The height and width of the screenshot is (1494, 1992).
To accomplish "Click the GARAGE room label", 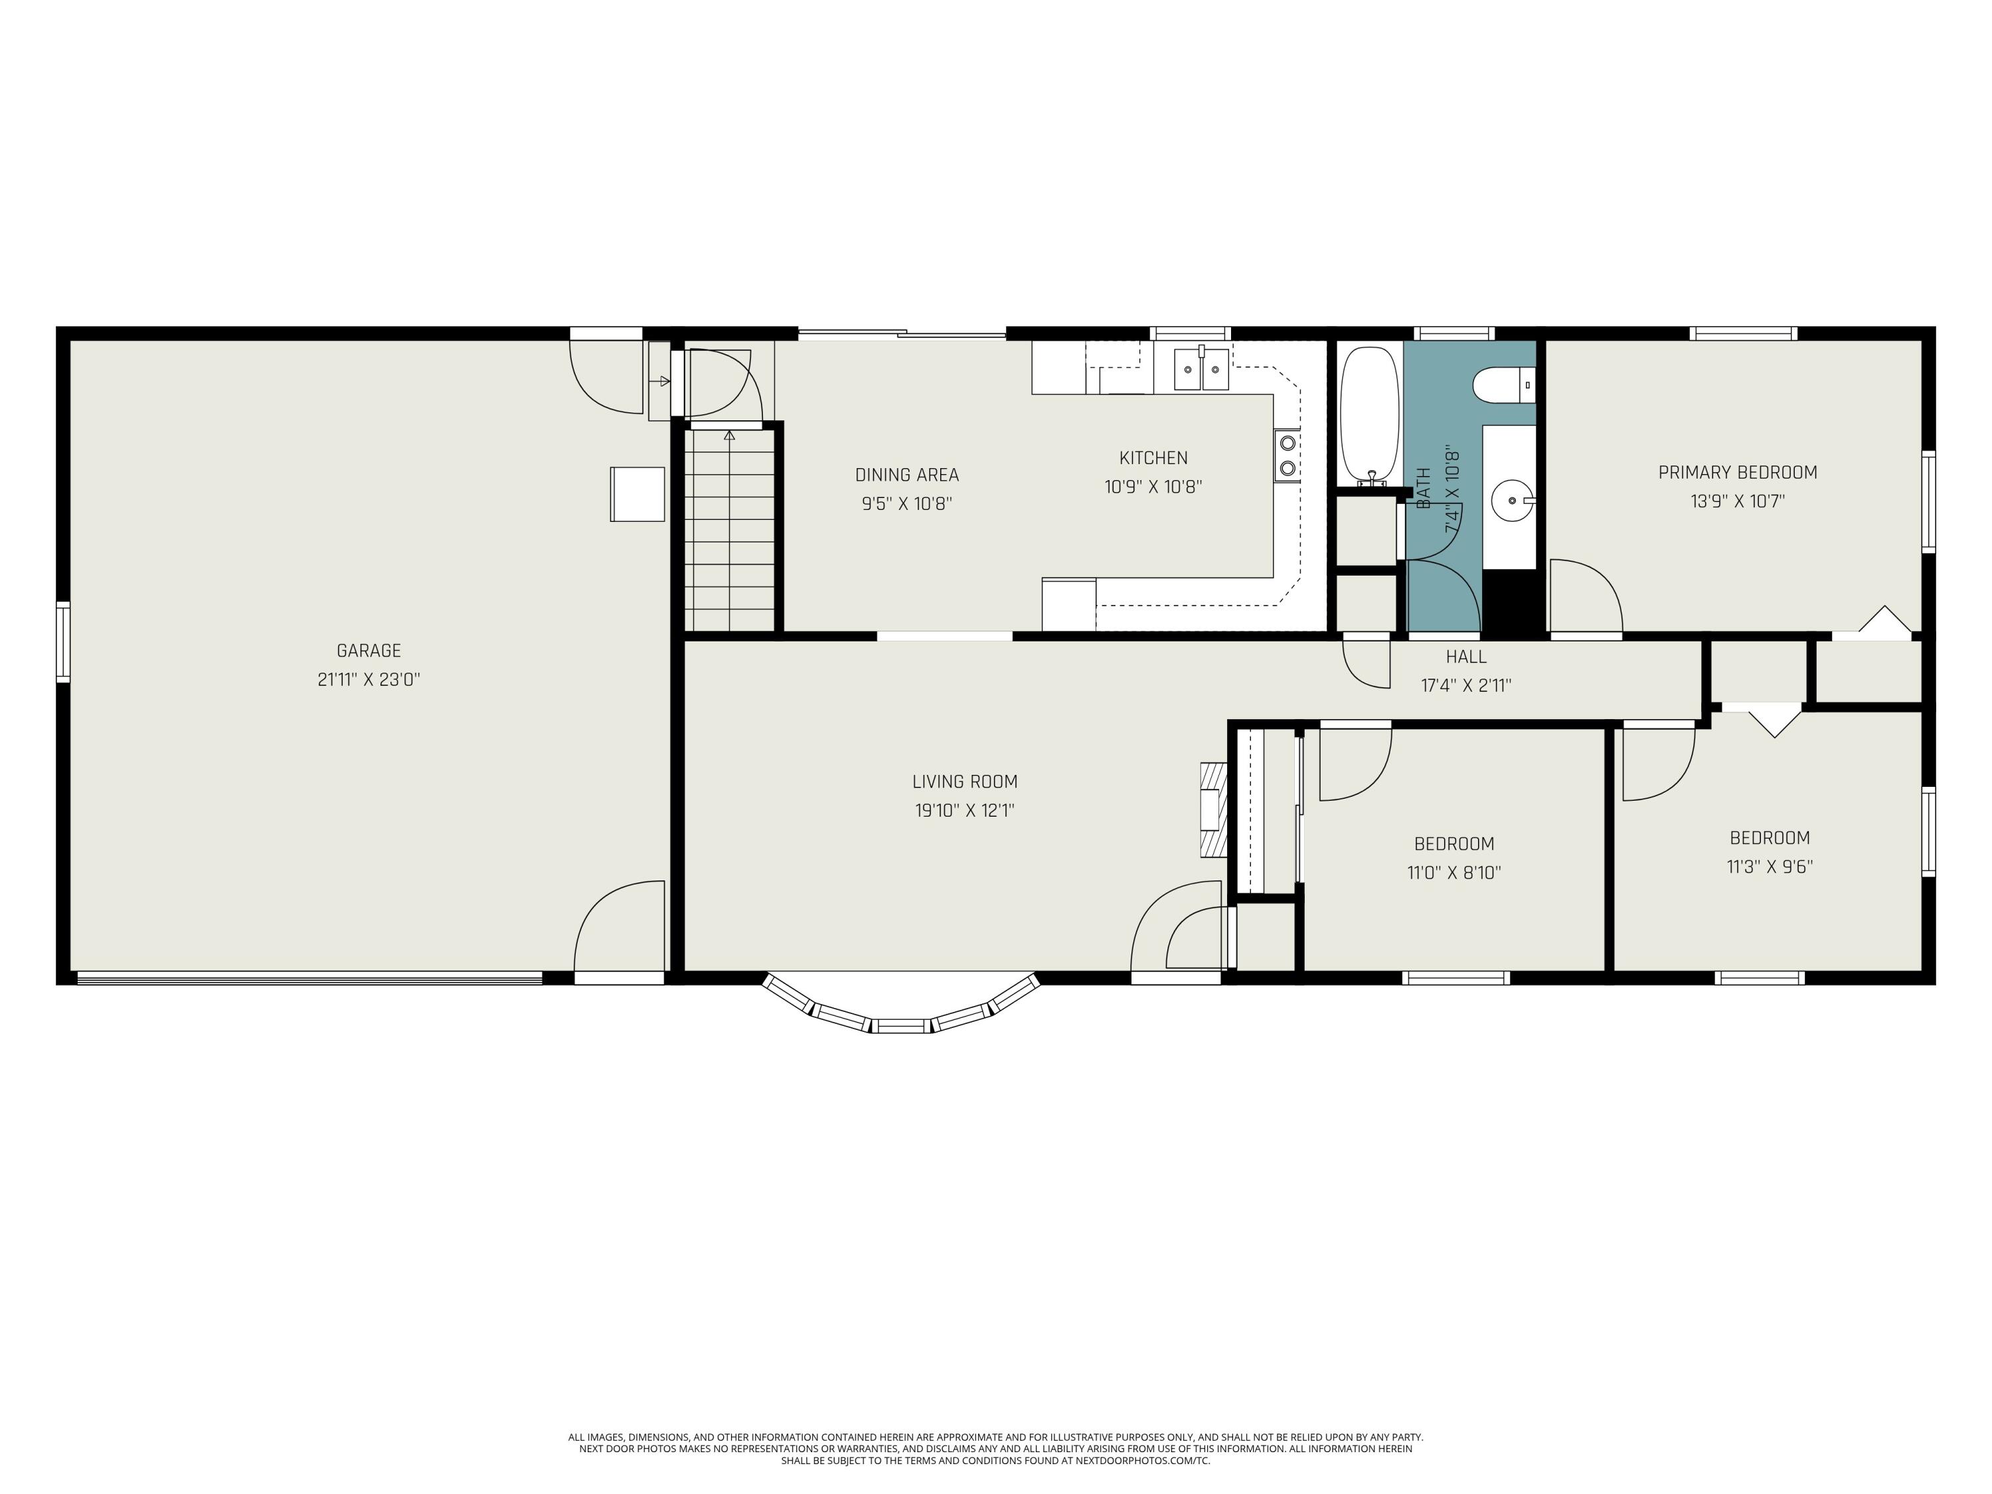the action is pyautogui.click(x=369, y=650).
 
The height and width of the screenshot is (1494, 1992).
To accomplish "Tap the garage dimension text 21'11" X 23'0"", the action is pyautogui.click(x=369, y=680).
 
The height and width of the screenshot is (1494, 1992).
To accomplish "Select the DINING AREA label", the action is pyautogui.click(x=907, y=475).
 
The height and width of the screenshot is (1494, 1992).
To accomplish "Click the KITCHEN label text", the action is pyautogui.click(x=1153, y=457).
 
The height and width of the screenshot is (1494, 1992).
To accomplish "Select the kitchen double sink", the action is pyautogui.click(x=1201, y=369).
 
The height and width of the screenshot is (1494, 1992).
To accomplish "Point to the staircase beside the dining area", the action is pyautogui.click(x=730, y=529).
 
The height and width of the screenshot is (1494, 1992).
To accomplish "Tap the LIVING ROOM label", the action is pyautogui.click(x=965, y=782).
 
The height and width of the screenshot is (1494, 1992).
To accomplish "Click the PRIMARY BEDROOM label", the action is pyautogui.click(x=1737, y=472).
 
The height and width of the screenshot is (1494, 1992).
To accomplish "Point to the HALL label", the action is pyautogui.click(x=1466, y=657).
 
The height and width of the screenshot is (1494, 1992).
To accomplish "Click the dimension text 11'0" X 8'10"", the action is pyautogui.click(x=1453, y=872).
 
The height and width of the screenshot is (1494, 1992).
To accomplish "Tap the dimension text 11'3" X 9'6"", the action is pyautogui.click(x=1770, y=867).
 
